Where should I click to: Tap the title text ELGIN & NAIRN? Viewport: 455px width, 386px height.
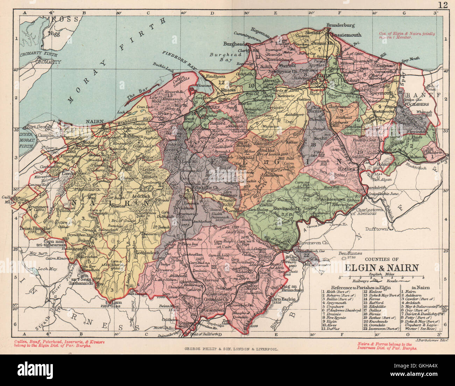coord(382,268)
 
